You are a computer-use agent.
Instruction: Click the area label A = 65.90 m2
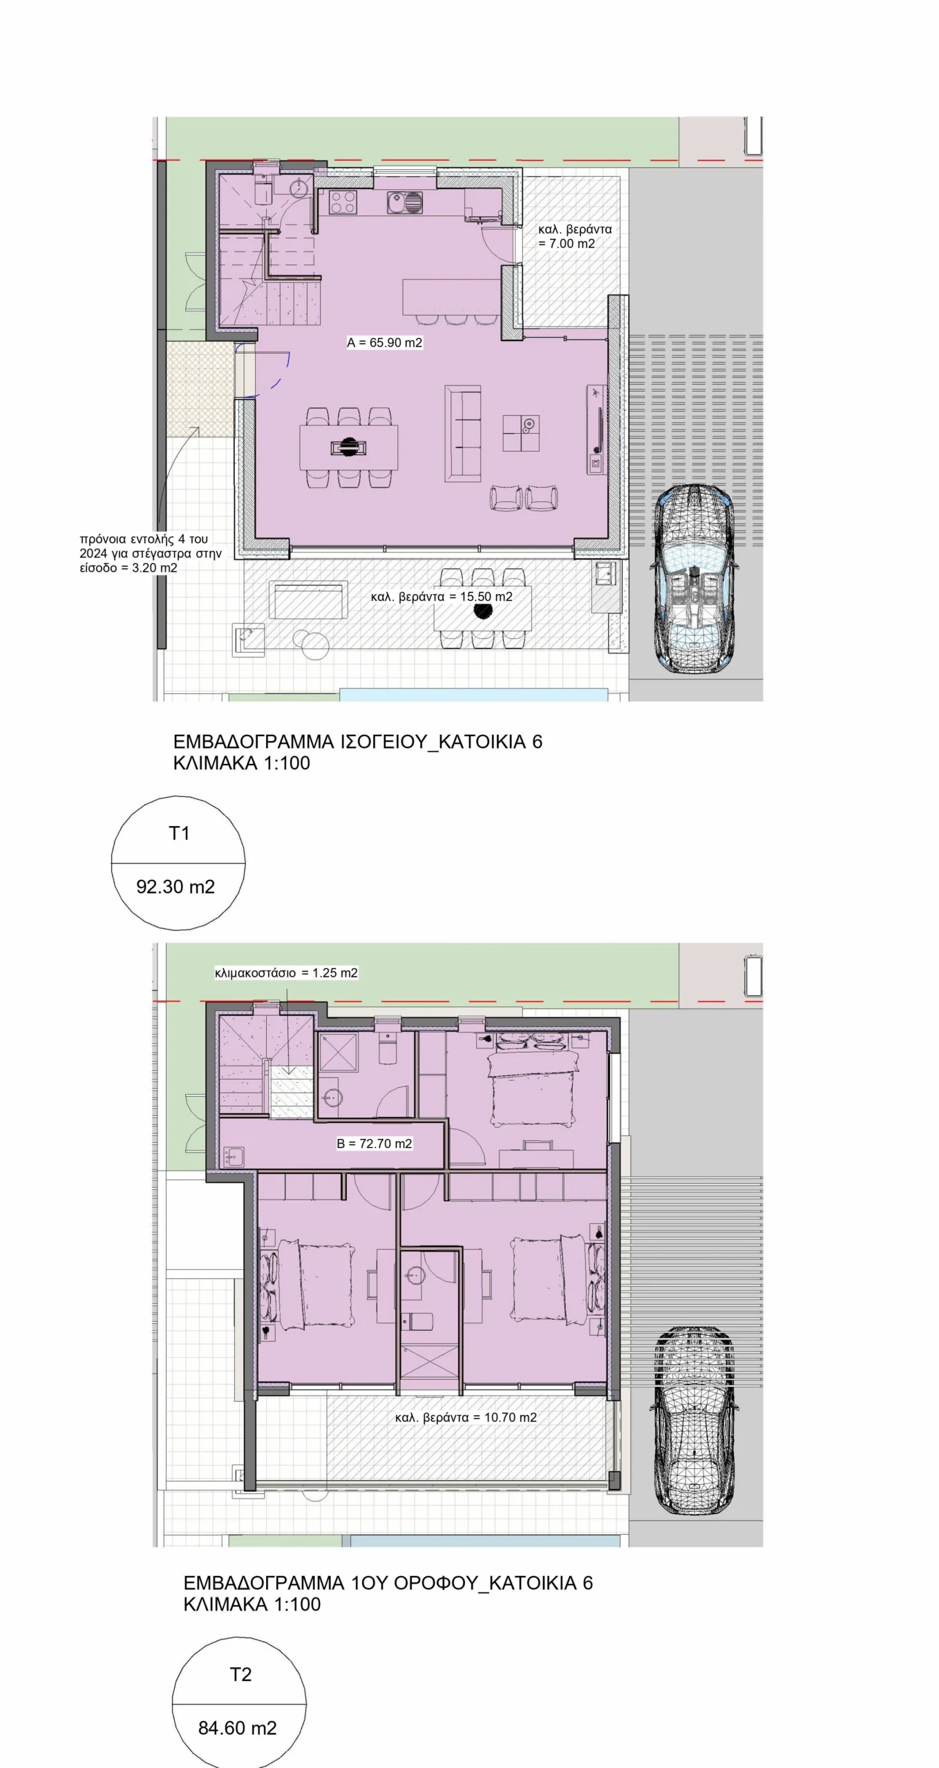coord(385,343)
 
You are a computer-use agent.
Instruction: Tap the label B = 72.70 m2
coord(374,1144)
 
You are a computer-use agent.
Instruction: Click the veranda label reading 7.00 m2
coord(575,236)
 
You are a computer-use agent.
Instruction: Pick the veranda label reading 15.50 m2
coord(442,597)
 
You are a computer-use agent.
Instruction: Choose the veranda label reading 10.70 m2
coord(466,1417)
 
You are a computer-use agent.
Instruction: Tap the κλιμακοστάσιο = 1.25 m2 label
coord(286,973)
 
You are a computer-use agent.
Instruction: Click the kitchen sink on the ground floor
coord(405,203)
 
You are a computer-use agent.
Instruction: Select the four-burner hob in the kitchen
coord(343,202)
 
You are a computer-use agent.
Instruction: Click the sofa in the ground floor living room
coord(462,434)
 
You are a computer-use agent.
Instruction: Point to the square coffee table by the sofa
coord(520,433)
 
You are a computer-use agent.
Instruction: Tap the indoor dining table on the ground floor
coord(349,447)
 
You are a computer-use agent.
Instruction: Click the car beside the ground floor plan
coord(694,579)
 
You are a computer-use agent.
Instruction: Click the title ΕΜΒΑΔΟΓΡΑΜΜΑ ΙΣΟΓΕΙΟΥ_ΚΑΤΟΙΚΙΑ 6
coord(358,742)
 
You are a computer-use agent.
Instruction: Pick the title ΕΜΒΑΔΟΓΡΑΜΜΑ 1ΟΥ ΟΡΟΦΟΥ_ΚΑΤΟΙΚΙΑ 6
coord(388,1583)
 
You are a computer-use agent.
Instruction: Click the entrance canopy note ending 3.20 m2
coord(151,554)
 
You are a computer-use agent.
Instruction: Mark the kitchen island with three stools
coord(452,296)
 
